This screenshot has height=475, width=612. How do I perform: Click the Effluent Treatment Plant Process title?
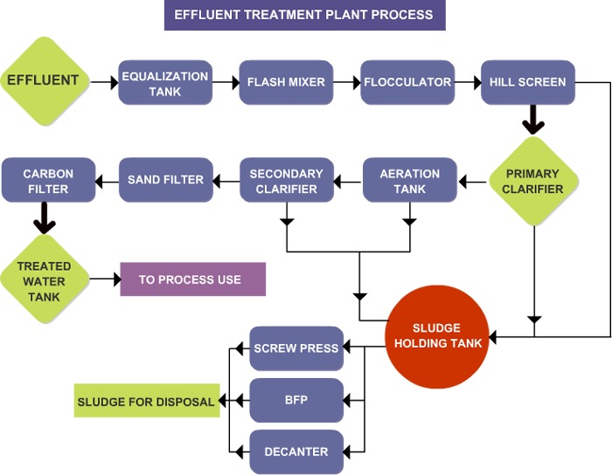pyautogui.click(x=304, y=15)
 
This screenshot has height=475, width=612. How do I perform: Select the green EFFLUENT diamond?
pyautogui.click(x=44, y=80)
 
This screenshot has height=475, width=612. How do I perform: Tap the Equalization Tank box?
pyautogui.click(x=165, y=82)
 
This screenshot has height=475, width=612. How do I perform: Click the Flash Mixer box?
pyautogui.click(x=286, y=82)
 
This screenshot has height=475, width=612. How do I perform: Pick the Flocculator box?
pyautogui.click(x=407, y=82)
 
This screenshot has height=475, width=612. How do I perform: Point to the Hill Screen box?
pyautogui.click(x=527, y=82)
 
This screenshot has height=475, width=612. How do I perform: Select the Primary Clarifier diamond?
pyautogui.click(x=533, y=181)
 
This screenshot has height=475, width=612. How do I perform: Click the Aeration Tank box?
pyautogui.click(x=409, y=181)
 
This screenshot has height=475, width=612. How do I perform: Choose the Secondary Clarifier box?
pyautogui.click(x=286, y=181)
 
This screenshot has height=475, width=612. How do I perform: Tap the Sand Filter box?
pyautogui.click(x=165, y=180)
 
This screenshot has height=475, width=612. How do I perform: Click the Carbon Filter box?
pyautogui.click(x=48, y=180)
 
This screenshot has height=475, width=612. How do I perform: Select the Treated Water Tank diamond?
pyautogui.click(x=44, y=279)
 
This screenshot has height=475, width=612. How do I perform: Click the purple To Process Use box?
pyautogui.click(x=192, y=279)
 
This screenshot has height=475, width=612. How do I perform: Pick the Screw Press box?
pyautogui.click(x=296, y=348)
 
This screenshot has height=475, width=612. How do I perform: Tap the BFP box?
pyautogui.click(x=296, y=400)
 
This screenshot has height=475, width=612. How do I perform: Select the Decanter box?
pyautogui.click(x=296, y=451)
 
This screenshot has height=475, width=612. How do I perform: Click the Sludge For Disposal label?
pyautogui.click(x=146, y=402)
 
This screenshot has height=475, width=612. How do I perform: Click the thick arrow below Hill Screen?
pyautogui.click(x=533, y=119)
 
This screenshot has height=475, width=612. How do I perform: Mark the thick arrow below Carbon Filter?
pyautogui.click(x=44, y=218)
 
